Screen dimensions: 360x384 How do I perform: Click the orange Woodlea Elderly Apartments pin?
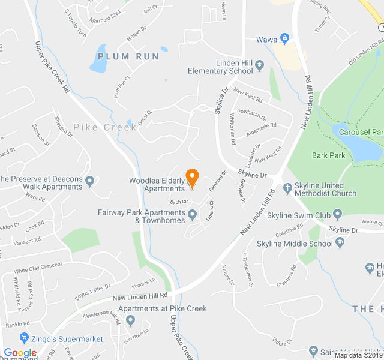click(x=192, y=176)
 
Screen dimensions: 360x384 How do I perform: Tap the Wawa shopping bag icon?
click(x=285, y=40)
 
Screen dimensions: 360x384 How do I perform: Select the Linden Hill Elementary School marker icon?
click(x=259, y=65)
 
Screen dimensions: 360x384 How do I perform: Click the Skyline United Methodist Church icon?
click(x=287, y=187)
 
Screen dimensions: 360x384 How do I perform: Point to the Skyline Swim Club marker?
click(x=337, y=214)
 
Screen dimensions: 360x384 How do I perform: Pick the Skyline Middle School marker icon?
click(x=340, y=243)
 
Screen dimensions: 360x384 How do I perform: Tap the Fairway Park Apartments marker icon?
click(x=192, y=214)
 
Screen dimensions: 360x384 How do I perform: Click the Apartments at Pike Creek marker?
click(x=130, y=319)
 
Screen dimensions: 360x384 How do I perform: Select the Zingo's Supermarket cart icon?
click(x=24, y=338)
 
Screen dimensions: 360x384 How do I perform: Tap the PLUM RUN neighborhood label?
click(x=128, y=56)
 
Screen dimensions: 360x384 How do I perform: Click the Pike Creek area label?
click(x=105, y=127)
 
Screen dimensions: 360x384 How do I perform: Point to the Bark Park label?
click(x=329, y=155)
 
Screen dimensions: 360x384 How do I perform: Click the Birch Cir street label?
click(x=179, y=202)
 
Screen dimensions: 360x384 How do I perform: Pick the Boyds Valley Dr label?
click(x=92, y=290)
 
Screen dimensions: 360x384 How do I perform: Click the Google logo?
click(x=20, y=353)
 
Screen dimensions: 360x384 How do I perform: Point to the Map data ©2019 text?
click(x=358, y=355)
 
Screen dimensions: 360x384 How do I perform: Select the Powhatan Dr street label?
click(x=251, y=113)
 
